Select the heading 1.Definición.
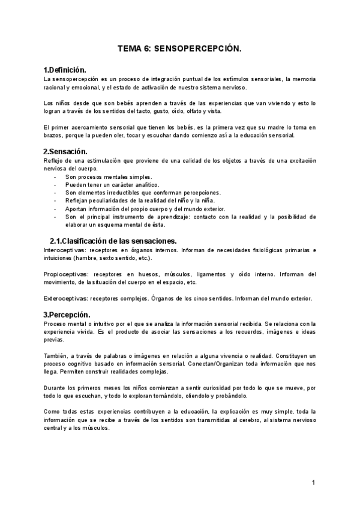[x=69, y=70]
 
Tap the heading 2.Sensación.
[x=66, y=151]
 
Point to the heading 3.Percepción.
[x=67, y=315]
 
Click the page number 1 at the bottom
[x=313, y=483]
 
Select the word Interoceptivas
[x=64, y=249]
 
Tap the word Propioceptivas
[x=64, y=274]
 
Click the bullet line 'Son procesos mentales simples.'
[x=109, y=177]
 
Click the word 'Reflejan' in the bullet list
[x=77, y=200]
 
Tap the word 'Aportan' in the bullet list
[x=76, y=208]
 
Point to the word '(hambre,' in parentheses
[x=86, y=258]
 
